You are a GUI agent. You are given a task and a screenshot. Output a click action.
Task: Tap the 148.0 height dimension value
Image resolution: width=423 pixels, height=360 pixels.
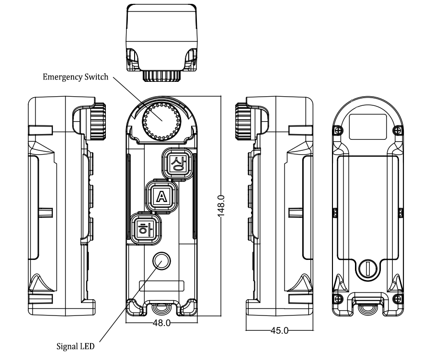(221, 205)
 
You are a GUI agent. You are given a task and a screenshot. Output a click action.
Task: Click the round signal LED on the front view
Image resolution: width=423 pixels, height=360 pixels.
(161, 261)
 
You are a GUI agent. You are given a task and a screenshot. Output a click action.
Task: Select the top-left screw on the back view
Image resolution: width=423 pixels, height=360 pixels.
(339, 129)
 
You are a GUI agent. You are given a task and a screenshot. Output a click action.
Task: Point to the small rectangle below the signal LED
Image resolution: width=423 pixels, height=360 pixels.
(161, 286)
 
